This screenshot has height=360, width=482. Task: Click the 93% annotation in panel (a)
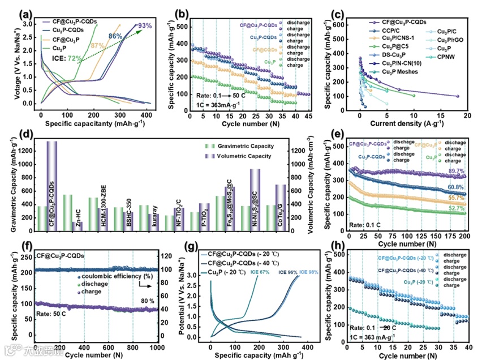(144, 25)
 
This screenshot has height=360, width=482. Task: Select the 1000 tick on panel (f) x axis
(156, 348)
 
